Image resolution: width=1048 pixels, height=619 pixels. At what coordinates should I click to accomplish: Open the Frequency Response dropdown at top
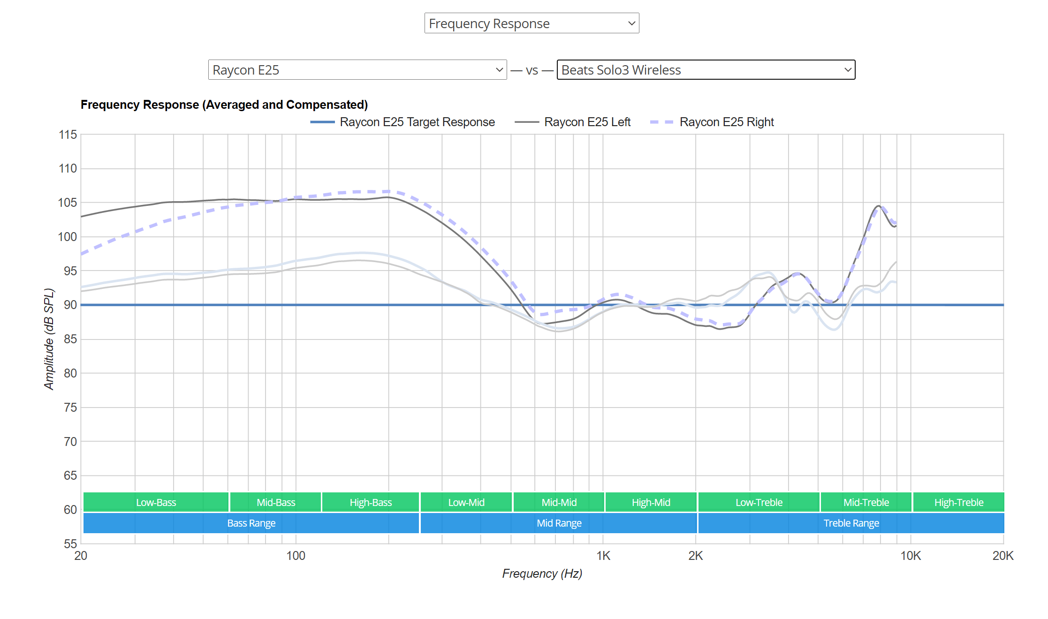(x=531, y=23)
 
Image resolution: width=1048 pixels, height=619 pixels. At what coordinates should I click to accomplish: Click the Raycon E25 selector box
(x=357, y=70)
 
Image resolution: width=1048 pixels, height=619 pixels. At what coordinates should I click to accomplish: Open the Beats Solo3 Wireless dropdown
(x=706, y=70)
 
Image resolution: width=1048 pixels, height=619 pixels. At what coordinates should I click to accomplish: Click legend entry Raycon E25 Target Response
(x=417, y=122)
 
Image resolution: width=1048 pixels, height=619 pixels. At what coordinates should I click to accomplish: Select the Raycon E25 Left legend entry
(x=587, y=122)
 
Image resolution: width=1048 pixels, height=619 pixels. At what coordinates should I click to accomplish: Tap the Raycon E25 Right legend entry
(x=726, y=122)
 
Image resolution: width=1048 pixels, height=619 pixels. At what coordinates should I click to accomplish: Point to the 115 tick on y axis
(x=68, y=135)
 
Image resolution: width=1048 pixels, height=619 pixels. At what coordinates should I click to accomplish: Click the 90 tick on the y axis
(x=70, y=305)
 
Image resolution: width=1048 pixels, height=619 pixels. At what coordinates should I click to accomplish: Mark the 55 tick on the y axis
(x=70, y=544)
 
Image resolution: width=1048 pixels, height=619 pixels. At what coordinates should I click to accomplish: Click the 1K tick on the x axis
(x=603, y=556)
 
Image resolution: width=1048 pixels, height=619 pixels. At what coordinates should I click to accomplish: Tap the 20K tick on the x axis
(x=1002, y=556)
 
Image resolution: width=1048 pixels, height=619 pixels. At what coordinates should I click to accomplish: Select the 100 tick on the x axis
(x=296, y=556)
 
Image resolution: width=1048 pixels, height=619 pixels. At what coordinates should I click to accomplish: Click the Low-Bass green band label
(x=156, y=503)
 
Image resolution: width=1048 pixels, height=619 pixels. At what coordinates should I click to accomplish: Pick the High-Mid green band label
(x=651, y=503)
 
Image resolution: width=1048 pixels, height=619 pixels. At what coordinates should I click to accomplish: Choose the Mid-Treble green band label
(x=866, y=503)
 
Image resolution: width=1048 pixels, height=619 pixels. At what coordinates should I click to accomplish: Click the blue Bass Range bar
(x=251, y=523)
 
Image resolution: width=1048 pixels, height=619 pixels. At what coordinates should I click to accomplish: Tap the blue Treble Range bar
(x=851, y=523)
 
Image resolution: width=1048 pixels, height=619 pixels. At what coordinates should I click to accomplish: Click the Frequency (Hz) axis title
(x=542, y=574)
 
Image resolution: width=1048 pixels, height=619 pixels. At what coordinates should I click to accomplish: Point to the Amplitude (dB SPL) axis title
(x=49, y=339)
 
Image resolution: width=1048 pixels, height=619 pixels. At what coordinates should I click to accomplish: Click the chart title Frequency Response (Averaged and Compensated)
(x=224, y=105)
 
